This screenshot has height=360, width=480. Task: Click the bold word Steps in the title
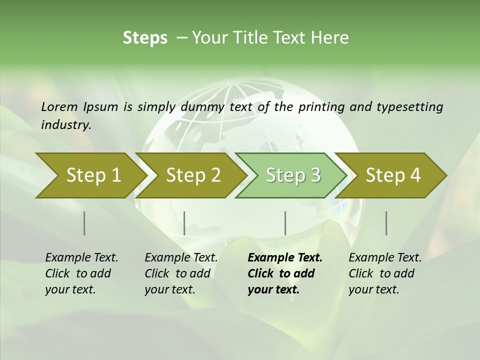point(145,38)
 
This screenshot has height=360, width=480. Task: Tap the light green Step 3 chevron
point(293,175)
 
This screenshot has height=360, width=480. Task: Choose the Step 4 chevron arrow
point(393,175)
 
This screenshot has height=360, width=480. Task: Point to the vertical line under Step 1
point(84,223)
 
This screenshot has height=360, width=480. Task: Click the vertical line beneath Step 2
point(184,223)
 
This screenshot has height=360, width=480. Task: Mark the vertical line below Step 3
point(285,223)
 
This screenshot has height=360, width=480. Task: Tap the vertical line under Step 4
point(386,223)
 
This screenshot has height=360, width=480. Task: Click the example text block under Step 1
point(81,273)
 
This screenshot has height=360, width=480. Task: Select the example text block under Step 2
point(181,273)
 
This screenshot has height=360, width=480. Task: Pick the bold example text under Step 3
point(285,273)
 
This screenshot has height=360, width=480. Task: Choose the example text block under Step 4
point(385,273)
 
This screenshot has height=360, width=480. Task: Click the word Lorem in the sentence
point(59,107)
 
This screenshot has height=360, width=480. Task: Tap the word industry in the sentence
point(66,125)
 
